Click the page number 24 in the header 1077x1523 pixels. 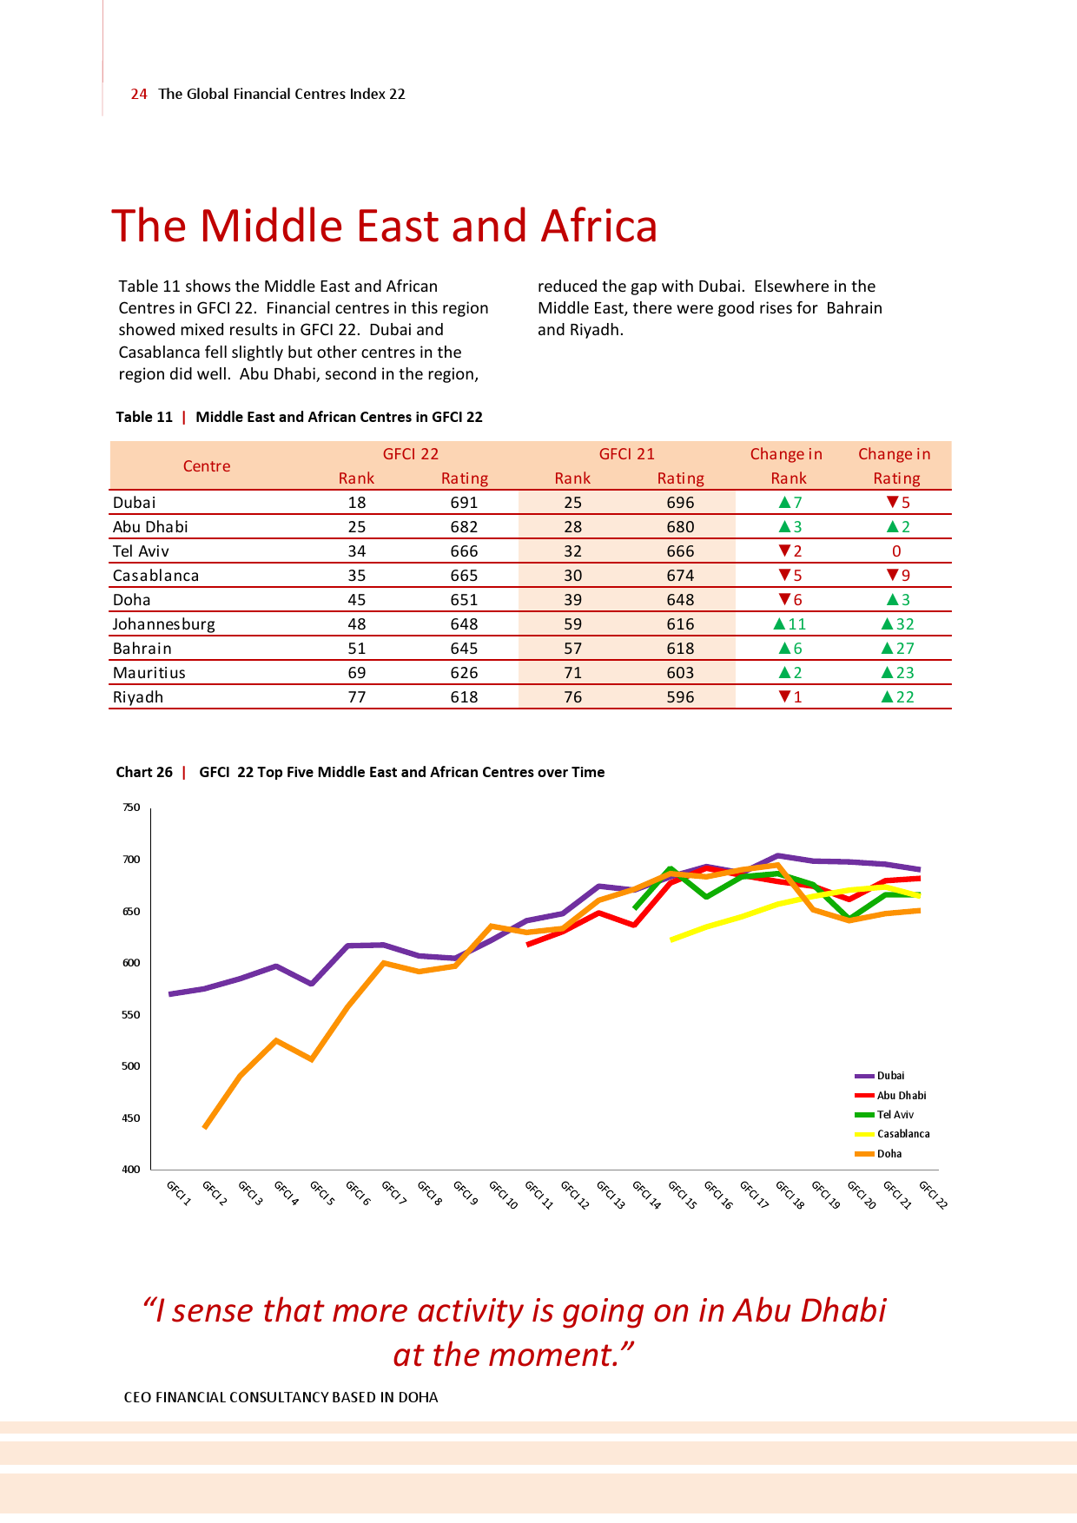coord(139,94)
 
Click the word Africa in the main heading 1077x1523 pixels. coord(598,226)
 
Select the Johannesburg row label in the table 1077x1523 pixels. coord(163,623)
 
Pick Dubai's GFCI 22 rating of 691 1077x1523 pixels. coord(464,502)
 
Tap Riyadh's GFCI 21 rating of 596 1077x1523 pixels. coord(680,696)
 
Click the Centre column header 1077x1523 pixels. coord(207,465)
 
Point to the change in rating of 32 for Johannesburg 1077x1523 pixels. coord(904,623)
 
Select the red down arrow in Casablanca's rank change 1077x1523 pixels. coord(785,575)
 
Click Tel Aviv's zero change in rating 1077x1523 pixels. coord(896,551)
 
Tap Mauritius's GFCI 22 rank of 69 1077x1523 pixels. coord(356,672)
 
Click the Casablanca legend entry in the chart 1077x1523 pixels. coord(902,1134)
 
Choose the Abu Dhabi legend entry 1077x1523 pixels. coord(901,1096)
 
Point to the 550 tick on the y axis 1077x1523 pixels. coord(131,1014)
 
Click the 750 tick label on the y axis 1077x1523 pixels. coord(131,808)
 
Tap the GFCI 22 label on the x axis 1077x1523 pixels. coord(934,1195)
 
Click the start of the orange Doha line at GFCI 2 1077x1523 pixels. coord(205,1127)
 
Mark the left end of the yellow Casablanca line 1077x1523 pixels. coord(671,940)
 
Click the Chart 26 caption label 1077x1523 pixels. coord(144,772)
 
